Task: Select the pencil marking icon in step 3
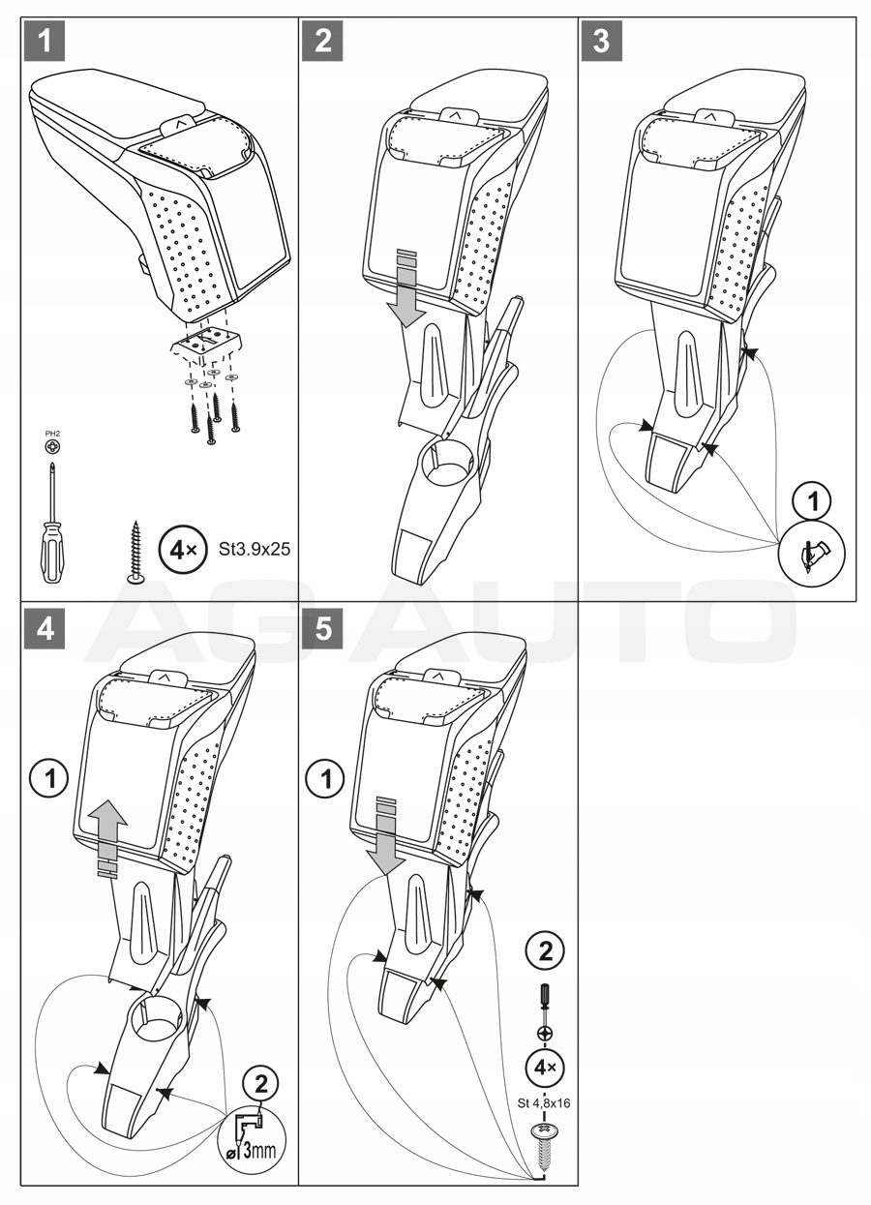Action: coord(813,554)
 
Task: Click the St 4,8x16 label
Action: coord(544,1104)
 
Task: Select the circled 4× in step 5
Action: coord(544,1068)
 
